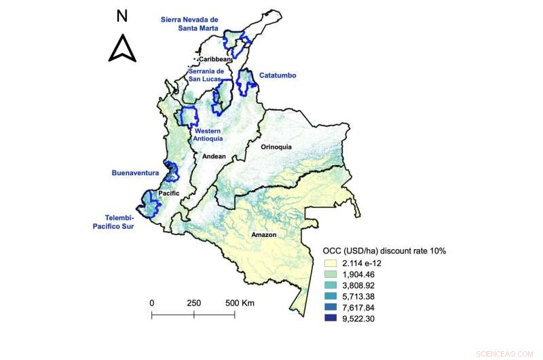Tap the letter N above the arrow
122,15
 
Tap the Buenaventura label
134,173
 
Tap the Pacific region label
168,194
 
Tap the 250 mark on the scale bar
193,302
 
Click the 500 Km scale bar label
240,302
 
